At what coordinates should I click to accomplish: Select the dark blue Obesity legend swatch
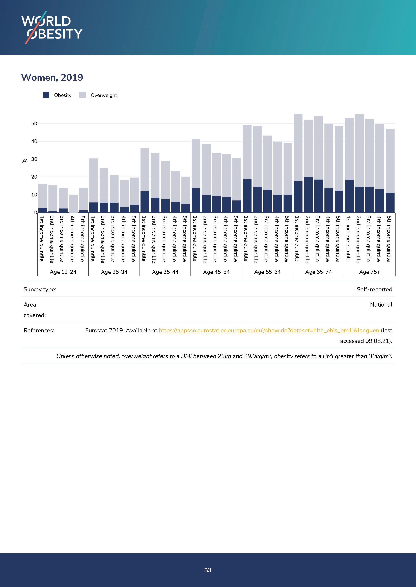point(46,95)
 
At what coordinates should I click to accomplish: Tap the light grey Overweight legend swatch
point(82,95)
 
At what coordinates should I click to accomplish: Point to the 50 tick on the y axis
point(34,123)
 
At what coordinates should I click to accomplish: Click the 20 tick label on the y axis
point(34,177)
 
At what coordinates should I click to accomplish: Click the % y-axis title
point(25,161)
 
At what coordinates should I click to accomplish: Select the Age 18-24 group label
point(63,272)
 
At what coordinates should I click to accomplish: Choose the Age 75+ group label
point(369,272)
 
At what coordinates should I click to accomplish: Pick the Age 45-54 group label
point(216,272)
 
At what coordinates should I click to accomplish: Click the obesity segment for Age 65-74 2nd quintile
point(308,195)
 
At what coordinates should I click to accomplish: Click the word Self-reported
point(374,289)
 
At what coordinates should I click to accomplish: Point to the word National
point(381,305)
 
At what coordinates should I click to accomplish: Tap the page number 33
point(208,570)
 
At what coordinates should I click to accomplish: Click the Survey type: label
point(40,289)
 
